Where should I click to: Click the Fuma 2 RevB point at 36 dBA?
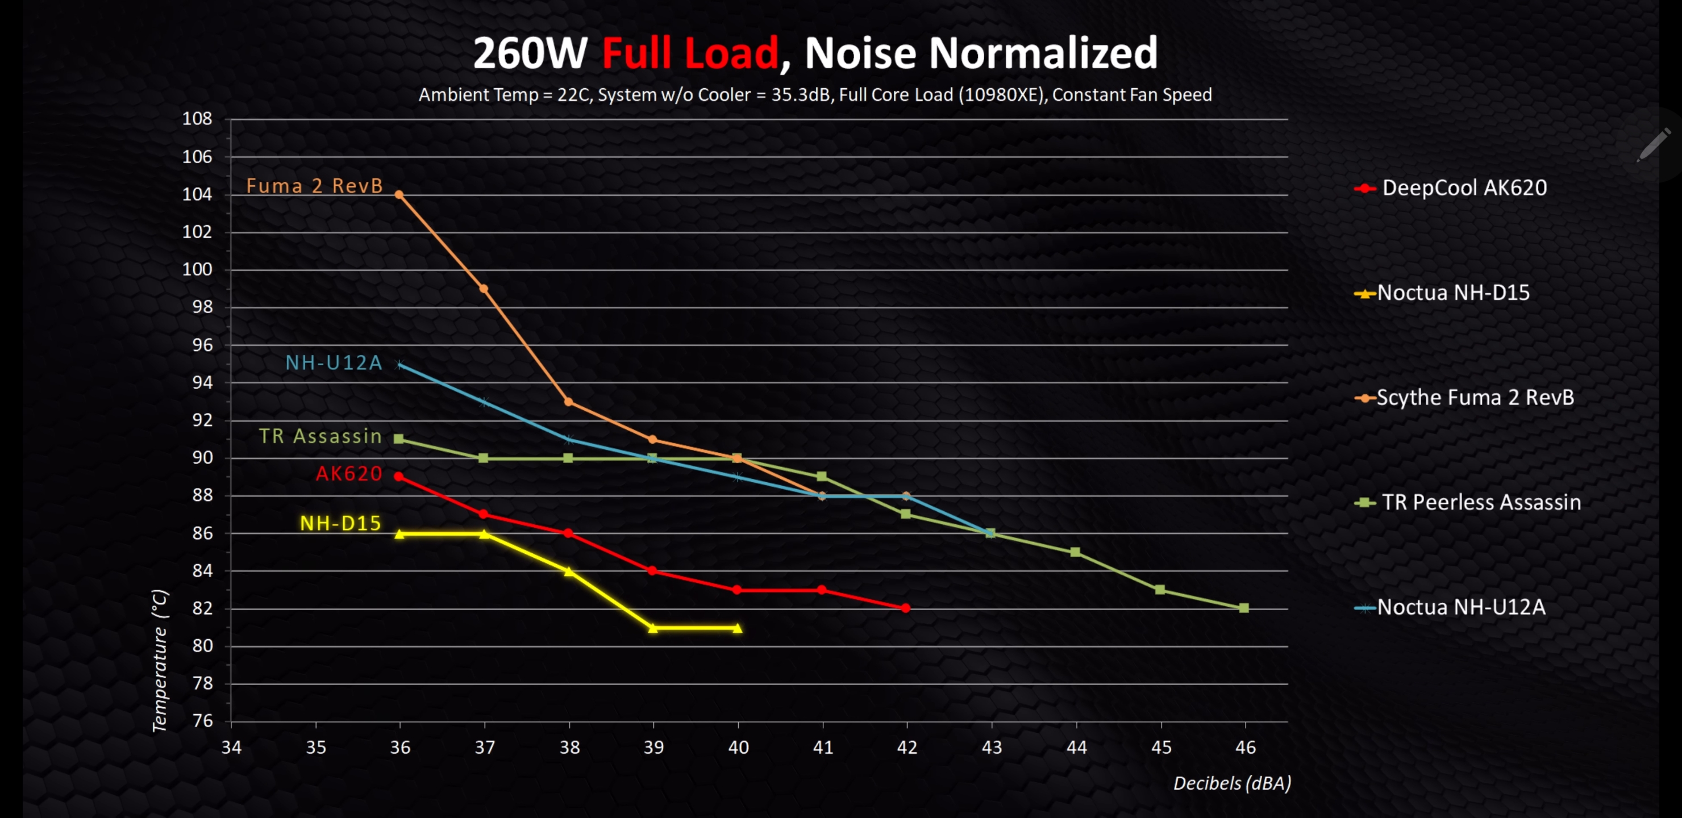point(399,194)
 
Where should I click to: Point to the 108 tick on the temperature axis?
point(197,119)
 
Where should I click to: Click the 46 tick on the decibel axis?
point(1245,747)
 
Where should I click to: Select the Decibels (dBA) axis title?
point(1231,783)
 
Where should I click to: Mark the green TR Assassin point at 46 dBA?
point(1244,608)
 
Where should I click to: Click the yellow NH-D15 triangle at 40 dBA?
point(737,628)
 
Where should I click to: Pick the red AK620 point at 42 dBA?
point(906,608)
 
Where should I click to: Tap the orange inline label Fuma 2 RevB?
point(314,186)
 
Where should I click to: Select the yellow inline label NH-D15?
point(340,523)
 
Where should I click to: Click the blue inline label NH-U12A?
point(334,363)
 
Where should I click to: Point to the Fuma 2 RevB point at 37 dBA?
point(484,289)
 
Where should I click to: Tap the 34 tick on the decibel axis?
point(231,747)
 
